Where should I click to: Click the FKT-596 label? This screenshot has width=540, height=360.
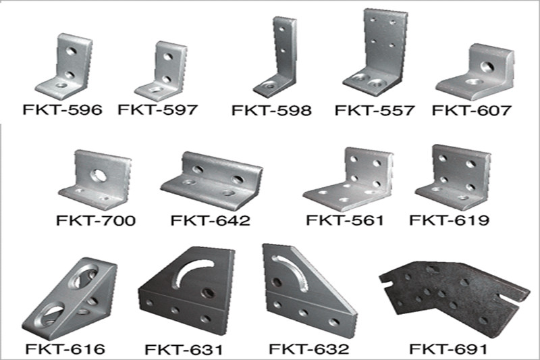click(x=62, y=110)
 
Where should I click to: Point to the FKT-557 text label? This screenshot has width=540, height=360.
click(x=374, y=110)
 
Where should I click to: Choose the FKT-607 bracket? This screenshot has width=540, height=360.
click(x=475, y=72)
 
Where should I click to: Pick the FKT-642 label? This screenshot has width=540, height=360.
click(x=211, y=220)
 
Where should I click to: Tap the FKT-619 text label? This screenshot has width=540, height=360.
click(x=449, y=220)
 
